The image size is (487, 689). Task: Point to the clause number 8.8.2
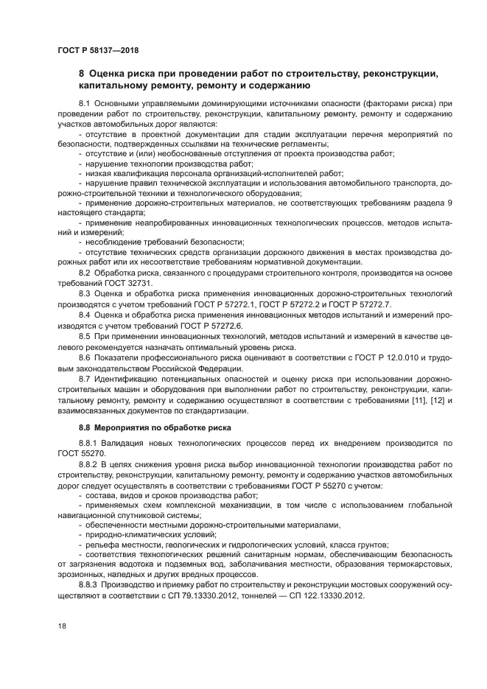click(88, 465)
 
